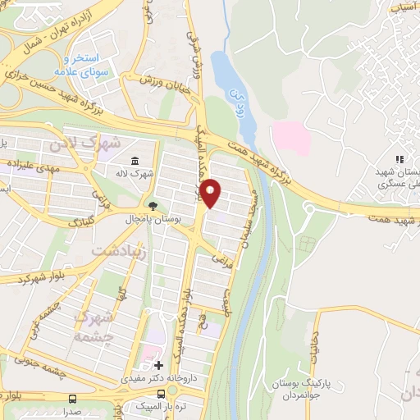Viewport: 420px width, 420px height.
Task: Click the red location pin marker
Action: pyautogui.click(x=212, y=192)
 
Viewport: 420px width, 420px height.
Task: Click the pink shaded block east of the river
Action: pyautogui.click(x=290, y=137)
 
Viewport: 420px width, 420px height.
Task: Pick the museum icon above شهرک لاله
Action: pyautogui.click(x=135, y=159)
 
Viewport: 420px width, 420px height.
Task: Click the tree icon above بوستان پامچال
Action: pyautogui.click(x=151, y=204)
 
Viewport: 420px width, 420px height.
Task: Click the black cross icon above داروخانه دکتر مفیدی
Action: pyautogui.click(x=158, y=363)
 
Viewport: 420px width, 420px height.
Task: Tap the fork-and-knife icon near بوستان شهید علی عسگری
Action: pyautogui.click(x=399, y=159)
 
